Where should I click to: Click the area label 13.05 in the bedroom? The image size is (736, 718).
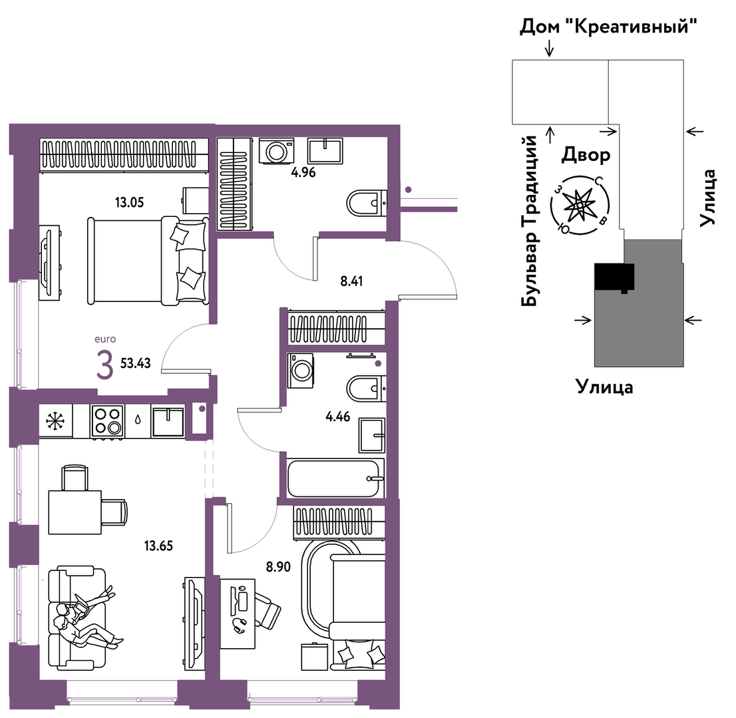click(x=129, y=203)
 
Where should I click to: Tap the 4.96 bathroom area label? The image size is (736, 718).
click(x=303, y=172)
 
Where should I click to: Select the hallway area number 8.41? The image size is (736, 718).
click(x=351, y=281)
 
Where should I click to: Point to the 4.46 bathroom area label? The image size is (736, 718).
click(x=337, y=417)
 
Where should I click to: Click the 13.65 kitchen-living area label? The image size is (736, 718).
click(x=158, y=546)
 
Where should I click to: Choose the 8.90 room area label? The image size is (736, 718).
click(x=278, y=567)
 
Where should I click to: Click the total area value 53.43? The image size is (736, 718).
click(x=136, y=363)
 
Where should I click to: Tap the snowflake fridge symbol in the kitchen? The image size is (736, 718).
click(x=56, y=421)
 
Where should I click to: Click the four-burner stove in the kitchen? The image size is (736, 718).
click(x=108, y=421)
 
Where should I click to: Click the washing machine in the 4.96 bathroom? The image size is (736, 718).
click(x=276, y=151)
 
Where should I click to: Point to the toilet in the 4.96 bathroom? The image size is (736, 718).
click(x=367, y=203)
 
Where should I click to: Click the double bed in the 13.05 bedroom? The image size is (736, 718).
click(x=147, y=260)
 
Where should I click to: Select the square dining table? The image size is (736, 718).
click(x=75, y=512)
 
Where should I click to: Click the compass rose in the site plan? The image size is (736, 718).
click(x=580, y=205)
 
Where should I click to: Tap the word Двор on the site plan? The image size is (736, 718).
click(x=586, y=154)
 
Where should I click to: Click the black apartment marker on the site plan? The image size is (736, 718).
click(x=614, y=277)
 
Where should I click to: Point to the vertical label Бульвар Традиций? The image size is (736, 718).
click(x=530, y=220)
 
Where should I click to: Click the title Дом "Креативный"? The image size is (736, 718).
click(x=608, y=26)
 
